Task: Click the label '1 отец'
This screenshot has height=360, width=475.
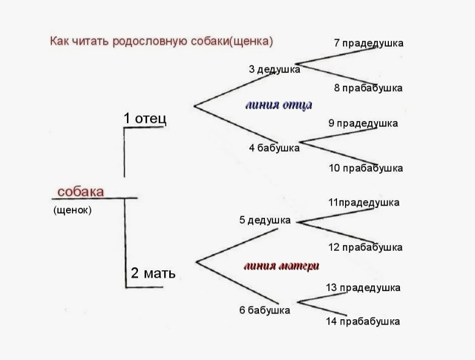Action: [x=145, y=118]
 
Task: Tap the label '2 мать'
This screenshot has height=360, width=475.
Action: [x=154, y=273]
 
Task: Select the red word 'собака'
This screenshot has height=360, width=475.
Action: [x=80, y=192]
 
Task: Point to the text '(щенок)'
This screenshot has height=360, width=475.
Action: [x=72, y=210]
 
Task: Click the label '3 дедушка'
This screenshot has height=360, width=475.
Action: [x=275, y=69]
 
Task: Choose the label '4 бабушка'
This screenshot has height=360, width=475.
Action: [x=274, y=148]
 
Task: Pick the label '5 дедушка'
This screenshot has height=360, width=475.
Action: [x=265, y=220]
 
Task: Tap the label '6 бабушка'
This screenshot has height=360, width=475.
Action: [x=264, y=310]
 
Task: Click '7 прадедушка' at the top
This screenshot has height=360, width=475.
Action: [x=369, y=43]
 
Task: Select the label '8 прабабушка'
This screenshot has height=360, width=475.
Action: [x=368, y=88]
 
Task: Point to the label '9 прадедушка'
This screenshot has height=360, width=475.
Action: [x=363, y=123]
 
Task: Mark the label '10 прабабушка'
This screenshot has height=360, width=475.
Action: [x=366, y=168]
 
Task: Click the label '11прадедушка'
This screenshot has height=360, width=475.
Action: [x=364, y=202]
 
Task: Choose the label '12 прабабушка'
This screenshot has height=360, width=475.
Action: [x=365, y=247]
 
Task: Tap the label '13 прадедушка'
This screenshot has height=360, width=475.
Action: [x=364, y=287]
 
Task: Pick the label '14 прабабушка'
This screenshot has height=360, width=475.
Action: [x=363, y=321]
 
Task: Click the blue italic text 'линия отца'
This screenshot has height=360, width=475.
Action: [x=278, y=105]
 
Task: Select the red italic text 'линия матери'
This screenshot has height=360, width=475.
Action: [x=281, y=265]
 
